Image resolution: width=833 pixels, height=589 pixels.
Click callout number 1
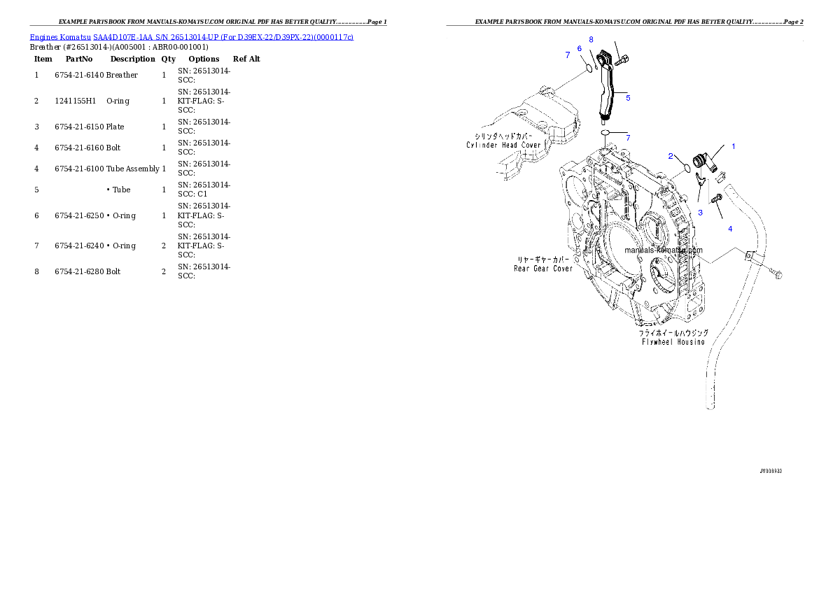tap(734, 147)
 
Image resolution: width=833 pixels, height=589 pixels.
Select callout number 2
tap(671, 156)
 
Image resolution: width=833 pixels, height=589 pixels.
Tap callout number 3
tap(700, 212)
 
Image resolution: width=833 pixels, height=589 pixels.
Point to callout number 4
tap(730, 229)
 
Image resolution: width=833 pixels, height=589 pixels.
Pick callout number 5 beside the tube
tap(628, 98)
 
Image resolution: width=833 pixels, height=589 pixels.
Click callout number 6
tap(579, 48)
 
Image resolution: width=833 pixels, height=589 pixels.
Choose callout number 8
tap(591, 39)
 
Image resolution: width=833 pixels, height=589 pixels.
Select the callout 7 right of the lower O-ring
tap(628, 138)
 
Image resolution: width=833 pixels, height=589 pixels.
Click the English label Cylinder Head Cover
tap(503, 145)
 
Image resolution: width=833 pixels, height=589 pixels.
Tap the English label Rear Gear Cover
tap(543, 268)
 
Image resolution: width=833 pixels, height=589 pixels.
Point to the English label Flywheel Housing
tap(671, 342)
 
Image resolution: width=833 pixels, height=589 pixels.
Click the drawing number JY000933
tap(771, 471)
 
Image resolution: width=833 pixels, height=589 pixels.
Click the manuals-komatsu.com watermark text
tap(664, 250)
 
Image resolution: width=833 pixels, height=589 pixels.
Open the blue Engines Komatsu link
tap(191, 36)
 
